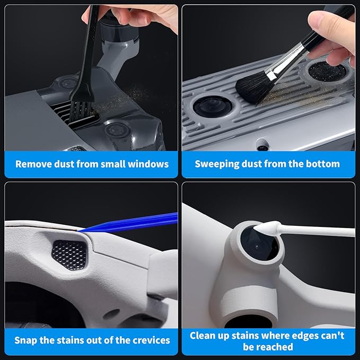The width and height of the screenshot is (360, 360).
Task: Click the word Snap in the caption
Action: point(25,340)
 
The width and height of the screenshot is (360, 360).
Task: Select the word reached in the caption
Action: point(276,347)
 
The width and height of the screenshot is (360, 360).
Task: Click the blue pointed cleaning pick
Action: point(133,223)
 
